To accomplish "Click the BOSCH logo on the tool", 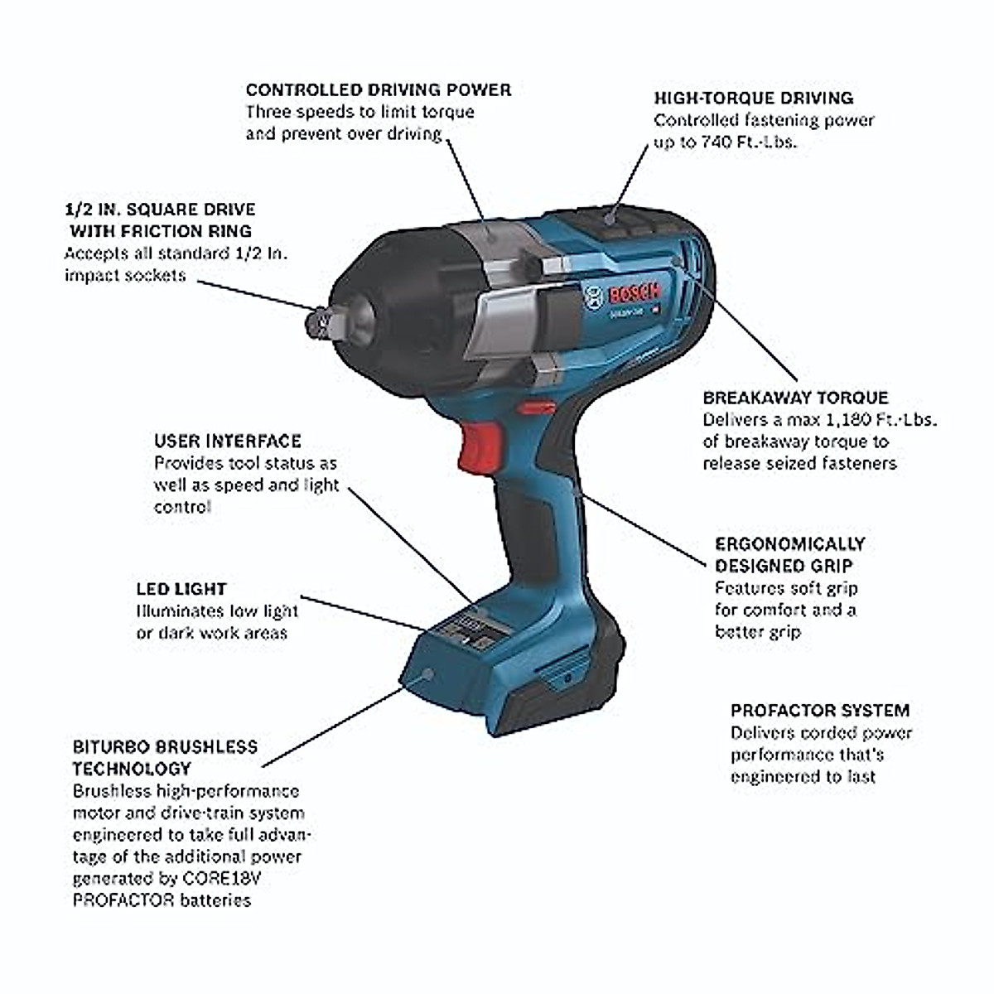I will pyautogui.click(x=634, y=294).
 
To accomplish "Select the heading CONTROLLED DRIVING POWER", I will pyautogui.click(x=379, y=89).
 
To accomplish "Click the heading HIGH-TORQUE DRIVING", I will pyautogui.click(x=753, y=98).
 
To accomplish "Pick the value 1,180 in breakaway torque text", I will pyautogui.click(x=833, y=420).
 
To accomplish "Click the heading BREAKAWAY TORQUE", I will pyautogui.click(x=795, y=398).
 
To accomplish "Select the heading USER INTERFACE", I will pyautogui.click(x=227, y=441).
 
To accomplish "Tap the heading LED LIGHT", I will pyautogui.click(x=181, y=589).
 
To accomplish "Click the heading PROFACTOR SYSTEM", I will pyautogui.click(x=819, y=711).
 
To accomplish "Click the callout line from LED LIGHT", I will pyautogui.click(x=364, y=611).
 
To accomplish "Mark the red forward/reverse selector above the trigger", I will pyautogui.click(x=534, y=408).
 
